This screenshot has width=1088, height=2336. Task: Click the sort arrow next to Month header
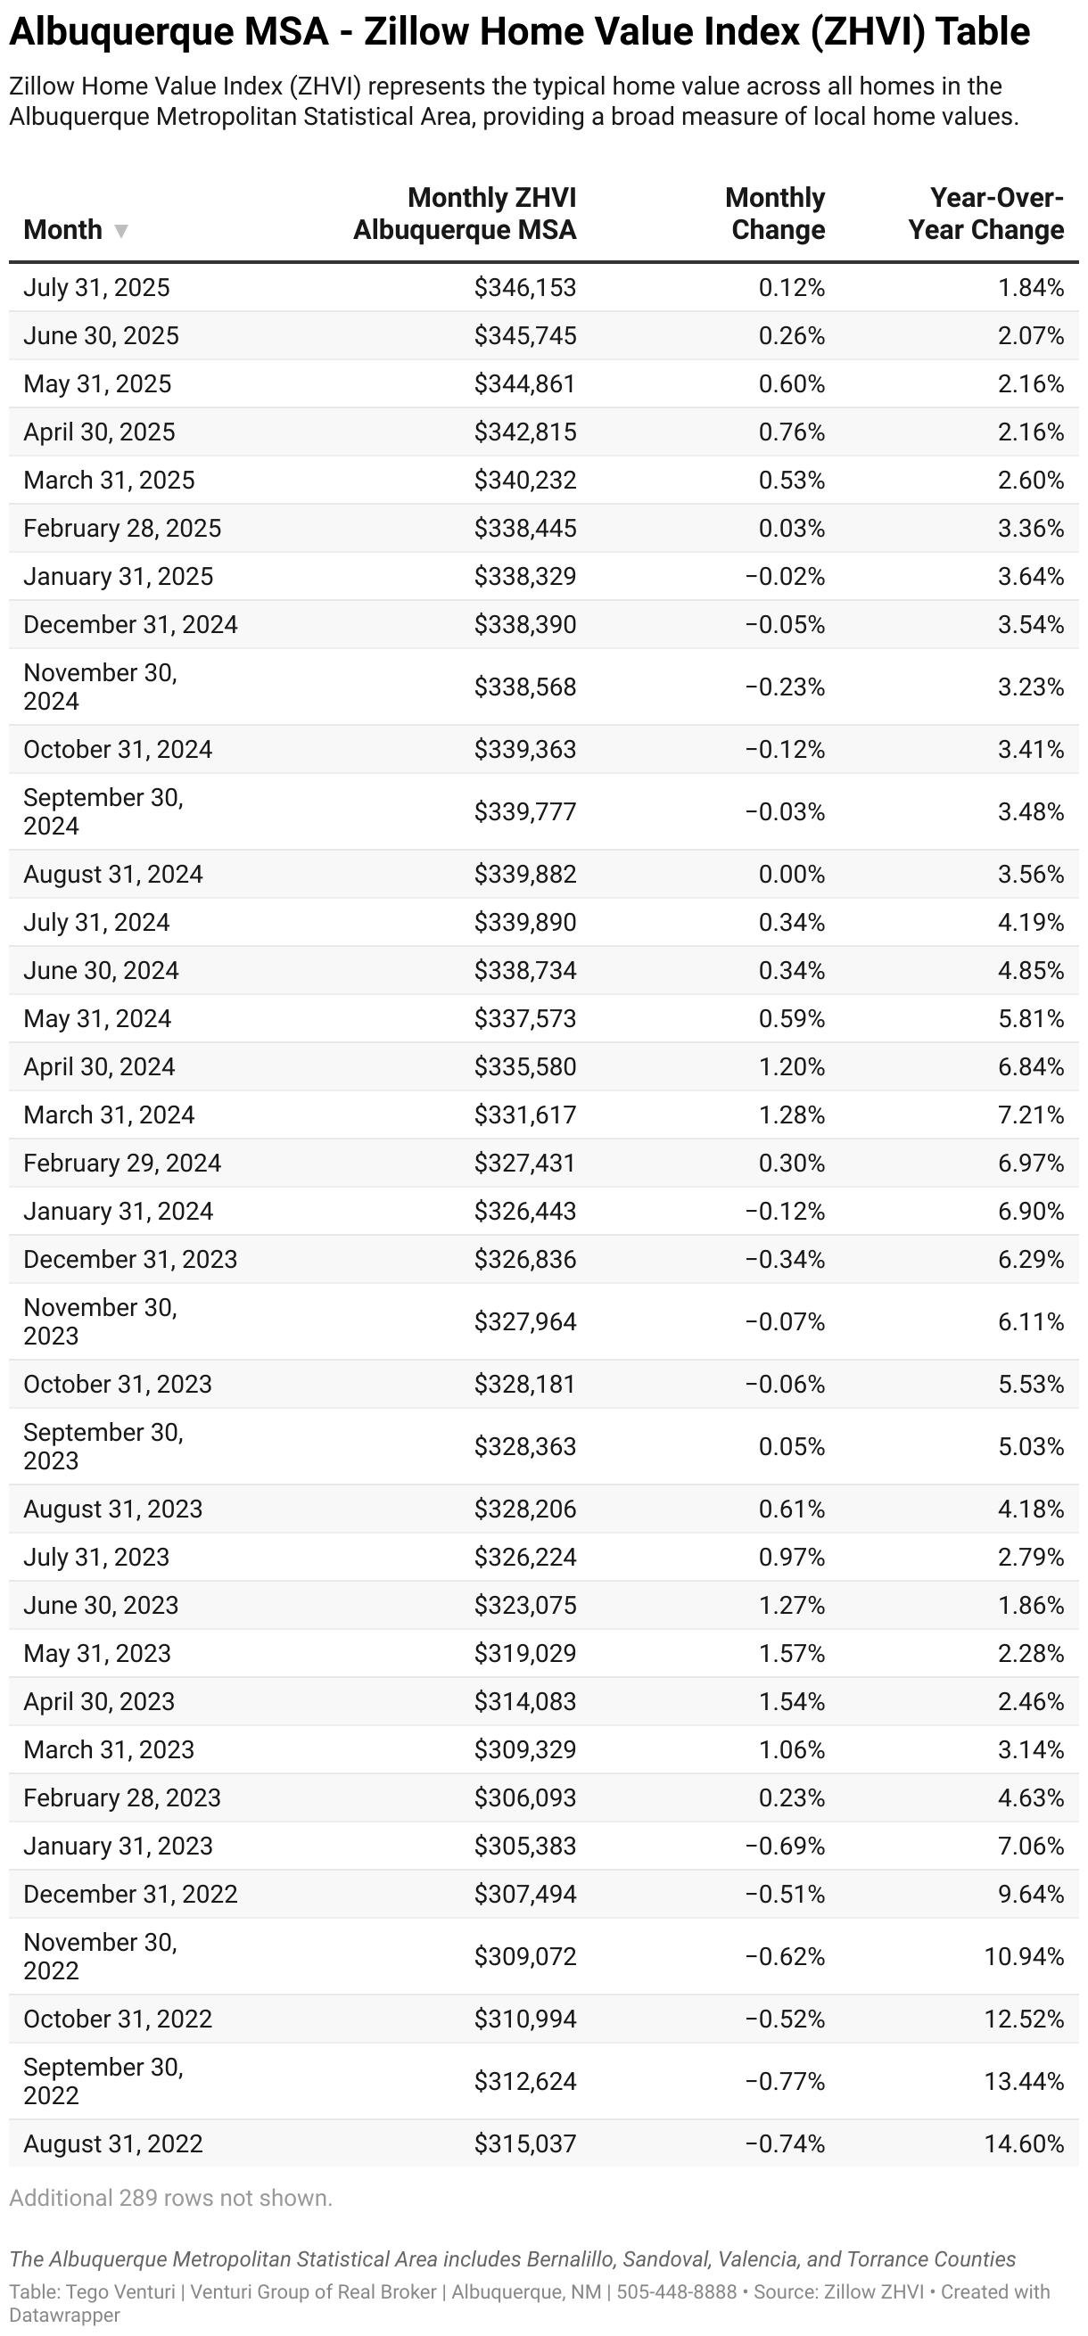120,231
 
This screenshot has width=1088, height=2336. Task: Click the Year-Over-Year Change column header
985,214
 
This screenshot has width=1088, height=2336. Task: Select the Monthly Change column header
777,214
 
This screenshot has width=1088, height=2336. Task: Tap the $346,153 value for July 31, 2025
525,287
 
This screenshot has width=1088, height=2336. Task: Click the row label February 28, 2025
122,529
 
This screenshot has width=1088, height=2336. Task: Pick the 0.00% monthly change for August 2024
792,875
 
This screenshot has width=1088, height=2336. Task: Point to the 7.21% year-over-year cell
1030,1115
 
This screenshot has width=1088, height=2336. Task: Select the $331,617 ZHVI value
525,1115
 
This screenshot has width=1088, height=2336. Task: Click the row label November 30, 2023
100,1322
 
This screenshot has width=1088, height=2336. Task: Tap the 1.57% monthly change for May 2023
792,1654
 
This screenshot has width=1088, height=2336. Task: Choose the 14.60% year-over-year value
1024,2144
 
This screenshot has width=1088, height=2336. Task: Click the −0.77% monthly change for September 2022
785,2082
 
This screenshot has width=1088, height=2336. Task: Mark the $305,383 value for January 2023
525,1847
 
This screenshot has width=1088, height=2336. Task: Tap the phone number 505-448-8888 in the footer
676,2292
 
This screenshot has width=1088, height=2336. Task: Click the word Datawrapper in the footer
64,2315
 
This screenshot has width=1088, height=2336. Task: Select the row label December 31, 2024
130,625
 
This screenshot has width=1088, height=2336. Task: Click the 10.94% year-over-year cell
1024,1957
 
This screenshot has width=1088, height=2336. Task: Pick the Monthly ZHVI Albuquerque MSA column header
466,214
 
